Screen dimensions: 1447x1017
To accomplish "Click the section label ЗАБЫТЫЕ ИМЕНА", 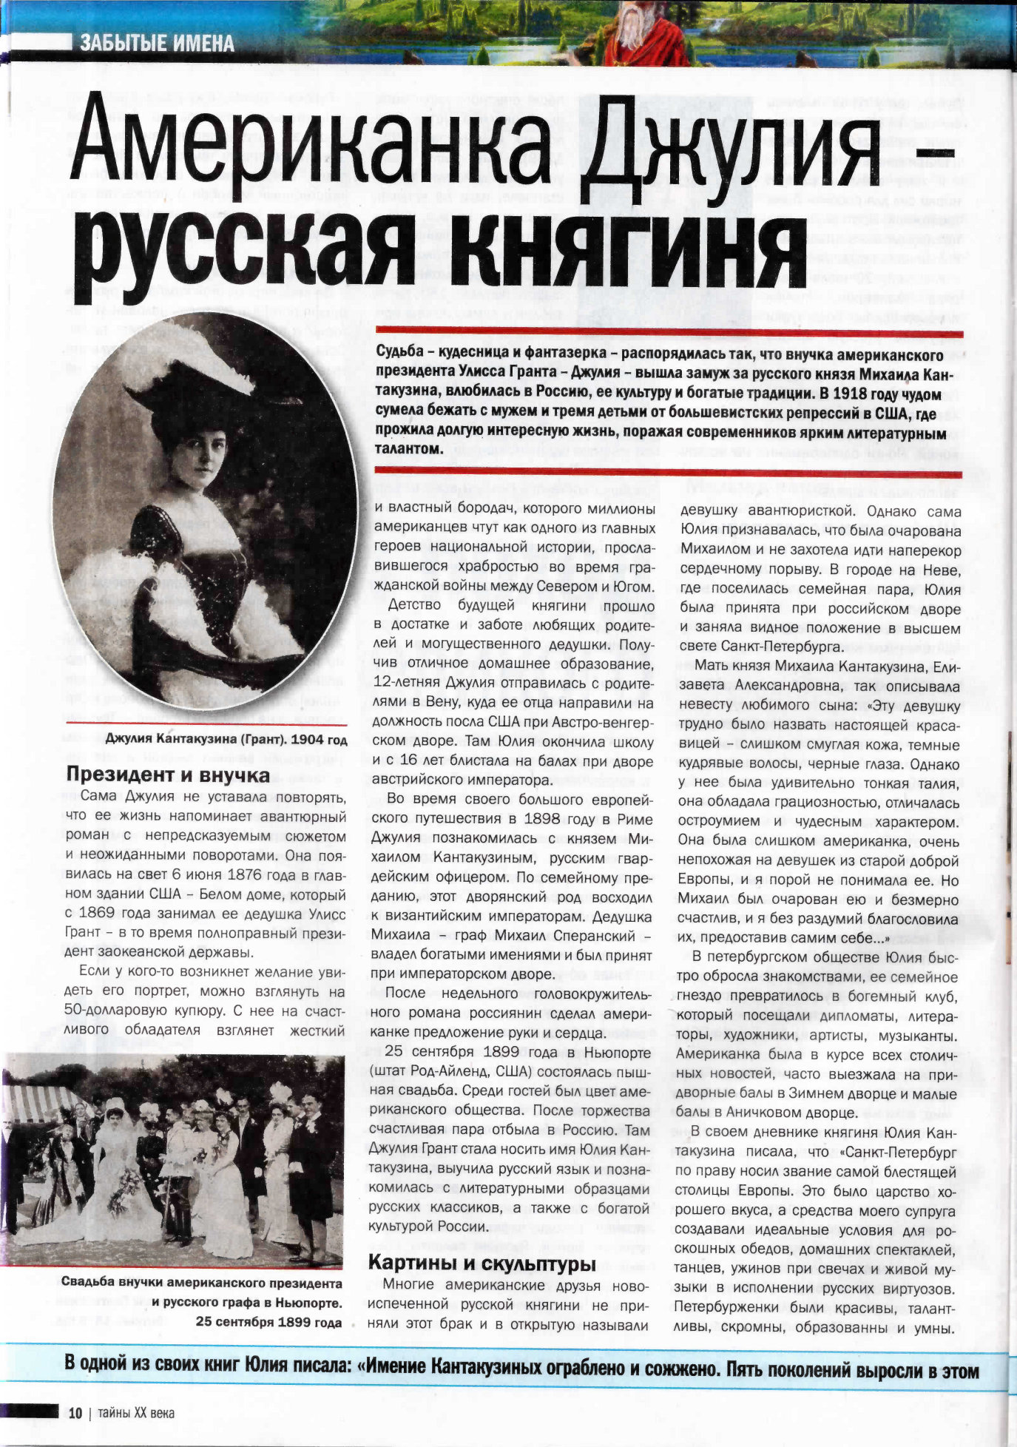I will pyautogui.click(x=157, y=44).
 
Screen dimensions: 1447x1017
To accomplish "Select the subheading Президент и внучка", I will pyautogui.click(x=168, y=775).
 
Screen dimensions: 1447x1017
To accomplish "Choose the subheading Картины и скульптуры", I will pyautogui.click(x=482, y=1261).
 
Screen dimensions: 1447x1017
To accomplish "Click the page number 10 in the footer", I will pyautogui.click(x=75, y=1412).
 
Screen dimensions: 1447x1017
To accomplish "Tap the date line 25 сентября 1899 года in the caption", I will pyautogui.click(x=268, y=1322).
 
